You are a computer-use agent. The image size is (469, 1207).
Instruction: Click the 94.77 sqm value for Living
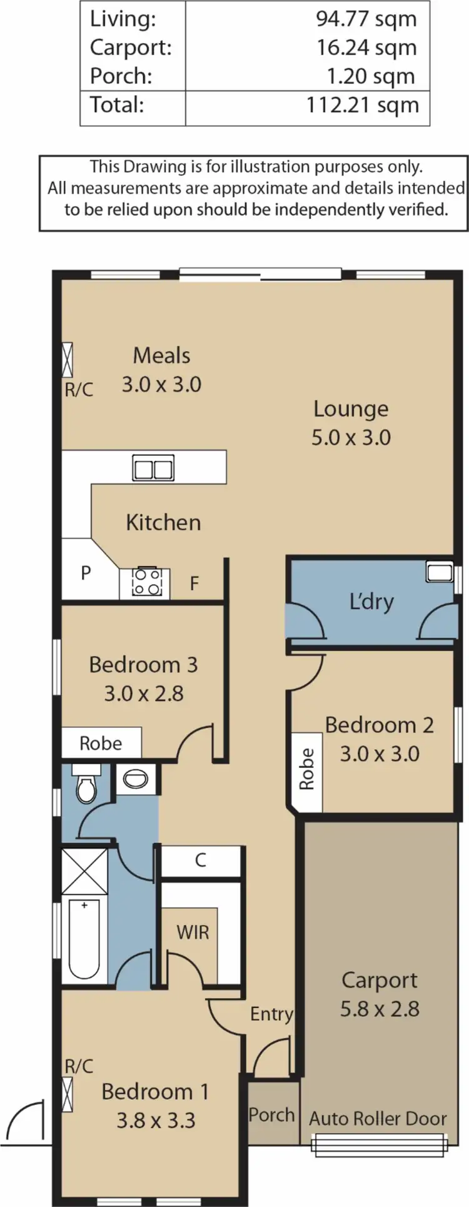(x=366, y=19)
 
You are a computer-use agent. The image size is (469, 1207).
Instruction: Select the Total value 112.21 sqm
(x=362, y=104)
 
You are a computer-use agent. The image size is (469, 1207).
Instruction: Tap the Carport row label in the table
(x=130, y=48)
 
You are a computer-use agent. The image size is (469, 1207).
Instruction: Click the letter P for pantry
(x=86, y=572)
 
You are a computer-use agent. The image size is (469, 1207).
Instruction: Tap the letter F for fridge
(x=194, y=583)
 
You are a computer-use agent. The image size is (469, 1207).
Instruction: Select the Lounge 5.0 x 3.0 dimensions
(x=351, y=437)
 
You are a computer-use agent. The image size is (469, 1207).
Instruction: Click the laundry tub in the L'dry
(x=439, y=572)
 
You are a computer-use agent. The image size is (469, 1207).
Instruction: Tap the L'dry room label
(x=371, y=602)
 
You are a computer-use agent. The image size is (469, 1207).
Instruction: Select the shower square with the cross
(x=84, y=871)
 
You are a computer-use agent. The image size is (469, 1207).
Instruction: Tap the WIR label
(x=193, y=932)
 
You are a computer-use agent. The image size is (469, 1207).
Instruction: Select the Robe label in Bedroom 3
(x=101, y=743)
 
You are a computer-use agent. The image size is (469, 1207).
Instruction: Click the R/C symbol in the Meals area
(x=68, y=360)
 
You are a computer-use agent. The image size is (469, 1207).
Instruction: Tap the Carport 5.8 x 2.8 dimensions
(x=379, y=1009)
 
